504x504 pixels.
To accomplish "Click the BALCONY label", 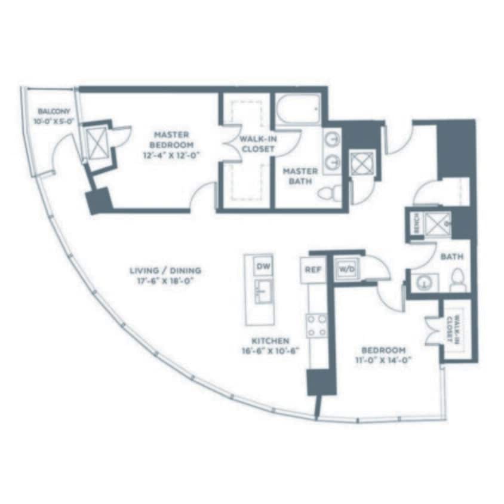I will click(x=54, y=112).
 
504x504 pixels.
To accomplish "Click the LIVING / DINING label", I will click(x=165, y=270).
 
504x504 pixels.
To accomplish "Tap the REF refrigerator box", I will click(x=312, y=270).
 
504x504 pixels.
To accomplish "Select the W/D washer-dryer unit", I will click(x=346, y=269).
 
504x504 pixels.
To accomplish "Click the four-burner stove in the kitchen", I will click(x=316, y=325).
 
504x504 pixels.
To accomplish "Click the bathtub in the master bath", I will click(x=299, y=110).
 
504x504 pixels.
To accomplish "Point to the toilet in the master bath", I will click(x=330, y=192).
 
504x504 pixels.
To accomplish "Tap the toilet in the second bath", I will click(x=458, y=280).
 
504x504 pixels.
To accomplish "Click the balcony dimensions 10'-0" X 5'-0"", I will click(x=54, y=122).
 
